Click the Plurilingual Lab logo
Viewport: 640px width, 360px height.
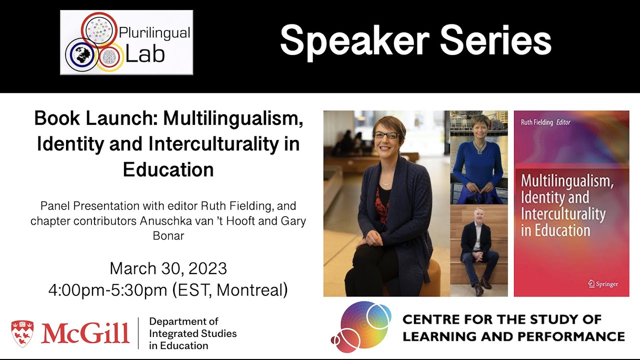[x=126, y=42]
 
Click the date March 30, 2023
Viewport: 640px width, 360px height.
[x=168, y=268]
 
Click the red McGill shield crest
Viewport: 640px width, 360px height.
[x=22, y=333]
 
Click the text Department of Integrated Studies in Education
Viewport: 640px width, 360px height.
[x=192, y=333]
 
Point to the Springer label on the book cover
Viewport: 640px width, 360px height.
[x=602, y=284]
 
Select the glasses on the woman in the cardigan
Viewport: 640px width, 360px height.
[x=385, y=135]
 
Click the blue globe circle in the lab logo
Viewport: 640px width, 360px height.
[x=80, y=55]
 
